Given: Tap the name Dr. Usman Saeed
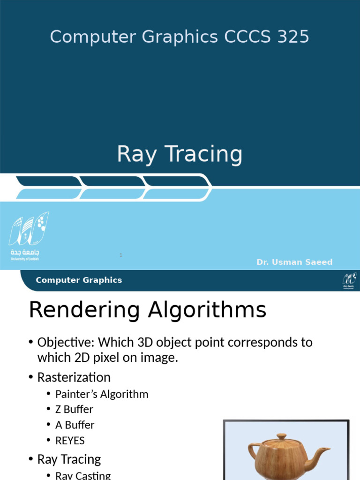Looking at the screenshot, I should click(x=294, y=262).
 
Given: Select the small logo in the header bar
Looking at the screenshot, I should click(x=349, y=280).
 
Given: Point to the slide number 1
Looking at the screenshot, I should click(x=121, y=255).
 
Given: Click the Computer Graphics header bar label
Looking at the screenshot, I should click(x=79, y=280).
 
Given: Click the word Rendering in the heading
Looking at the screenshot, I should click(x=83, y=311).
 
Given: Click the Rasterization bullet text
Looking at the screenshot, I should click(x=74, y=377).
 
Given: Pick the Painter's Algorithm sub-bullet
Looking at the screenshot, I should click(x=102, y=394).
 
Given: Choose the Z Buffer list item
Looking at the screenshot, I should click(x=74, y=409).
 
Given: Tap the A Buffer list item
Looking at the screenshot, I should click(x=75, y=425).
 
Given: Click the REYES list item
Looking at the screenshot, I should click(x=70, y=441).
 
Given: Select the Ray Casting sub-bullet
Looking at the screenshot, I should click(x=83, y=475).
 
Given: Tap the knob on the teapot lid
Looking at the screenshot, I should click(x=281, y=437).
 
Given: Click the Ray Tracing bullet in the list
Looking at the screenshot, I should click(x=69, y=459).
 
